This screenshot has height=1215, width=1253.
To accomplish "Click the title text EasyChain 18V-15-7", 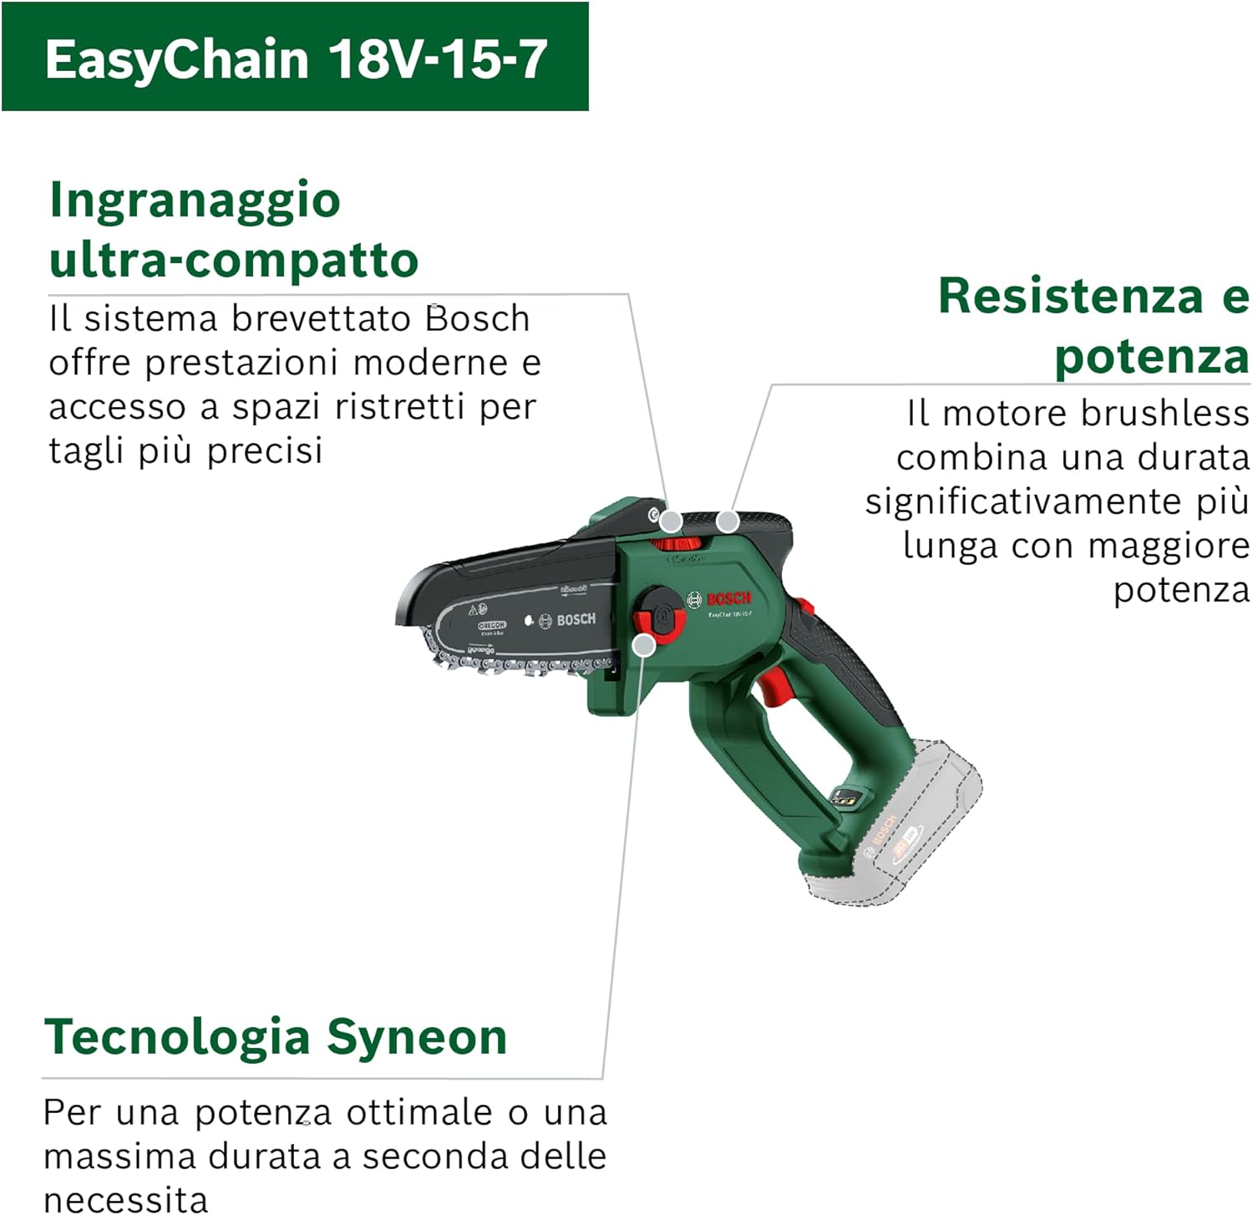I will click(296, 58).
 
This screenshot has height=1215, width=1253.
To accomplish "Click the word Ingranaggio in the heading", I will click(195, 200).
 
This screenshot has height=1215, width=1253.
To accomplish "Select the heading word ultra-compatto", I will click(234, 260).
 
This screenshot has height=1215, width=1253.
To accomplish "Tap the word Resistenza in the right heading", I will click(1069, 296).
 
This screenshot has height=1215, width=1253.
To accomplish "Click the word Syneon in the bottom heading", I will click(417, 1037).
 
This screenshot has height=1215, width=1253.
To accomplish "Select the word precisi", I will click(265, 451).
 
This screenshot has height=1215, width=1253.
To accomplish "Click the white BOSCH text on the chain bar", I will click(576, 619).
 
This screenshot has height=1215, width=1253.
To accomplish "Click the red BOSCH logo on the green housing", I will click(728, 598).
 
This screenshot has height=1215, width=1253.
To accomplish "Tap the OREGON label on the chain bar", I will click(491, 625).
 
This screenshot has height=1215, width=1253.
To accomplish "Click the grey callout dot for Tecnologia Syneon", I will click(644, 644).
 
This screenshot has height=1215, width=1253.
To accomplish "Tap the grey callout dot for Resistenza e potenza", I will click(728, 521).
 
